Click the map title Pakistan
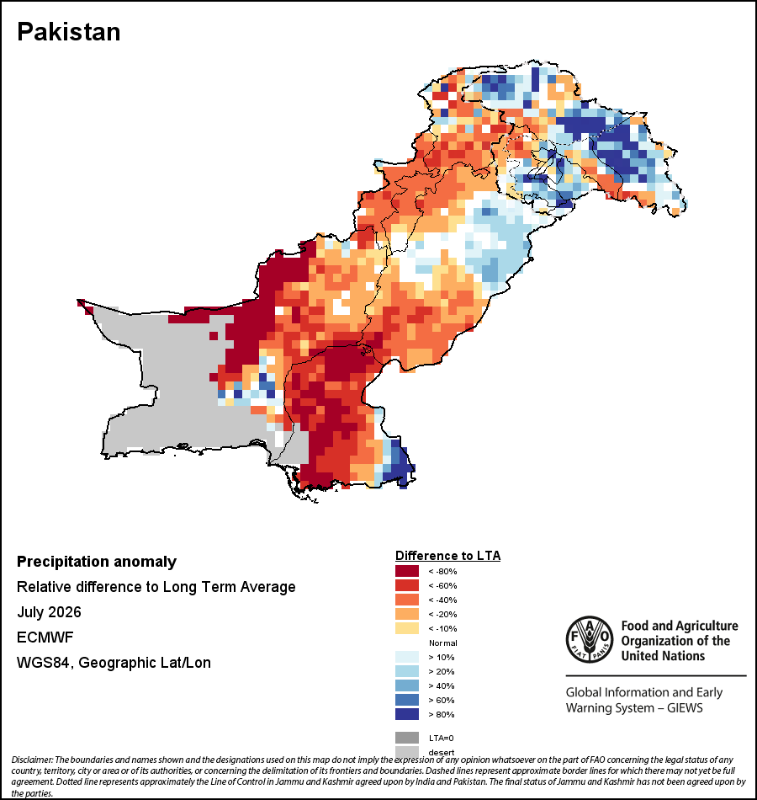coord(69,32)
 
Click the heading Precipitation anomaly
coord(97,562)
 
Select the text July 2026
coord(49,611)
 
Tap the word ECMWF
coord(45,637)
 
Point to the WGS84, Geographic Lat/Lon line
coord(114,663)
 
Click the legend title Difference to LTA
coord(447,556)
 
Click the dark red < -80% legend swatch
coord(407,571)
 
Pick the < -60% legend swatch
coord(407,585)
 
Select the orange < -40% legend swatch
coord(407,600)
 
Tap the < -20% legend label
coord(442,614)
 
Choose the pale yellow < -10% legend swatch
coord(407,628)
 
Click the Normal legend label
coord(443,643)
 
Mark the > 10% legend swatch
coord(407,657)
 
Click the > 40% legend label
coord(442,685)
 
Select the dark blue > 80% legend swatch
coord(407,714)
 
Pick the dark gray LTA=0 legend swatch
coord(407,738)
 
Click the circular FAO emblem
coord(590,640)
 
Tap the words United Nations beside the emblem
coord(663,656)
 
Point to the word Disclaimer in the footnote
coord(32,760)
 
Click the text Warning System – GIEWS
coord(634,708)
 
